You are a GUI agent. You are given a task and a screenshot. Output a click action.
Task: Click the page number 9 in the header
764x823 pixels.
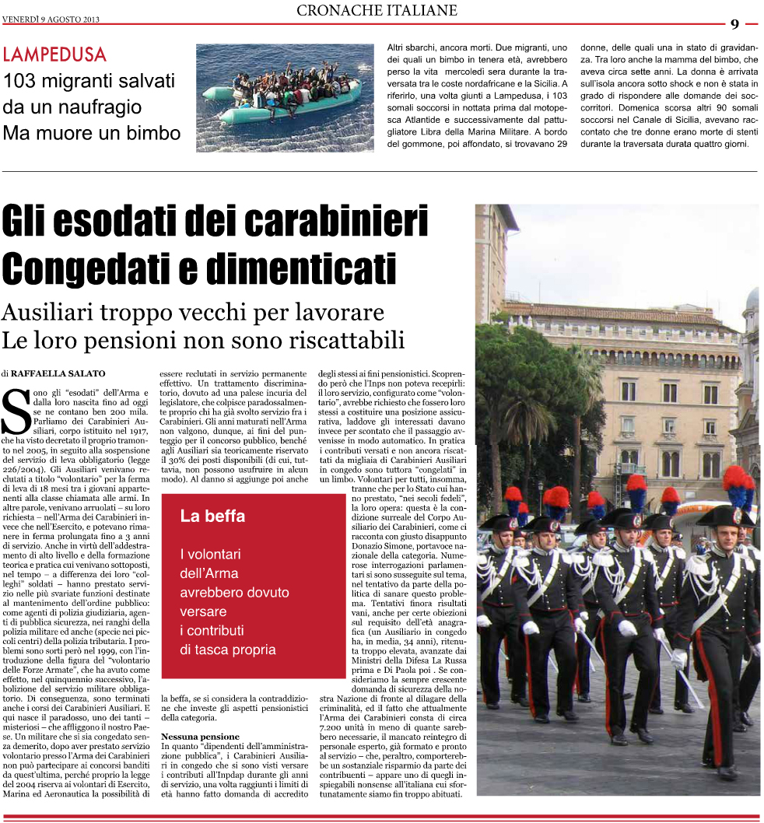[x=734, y=24]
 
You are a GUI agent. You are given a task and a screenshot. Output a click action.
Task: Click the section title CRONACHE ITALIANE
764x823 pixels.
[x=377, y=11]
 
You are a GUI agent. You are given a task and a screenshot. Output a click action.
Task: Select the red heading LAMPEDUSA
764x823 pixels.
[x=54, y=55]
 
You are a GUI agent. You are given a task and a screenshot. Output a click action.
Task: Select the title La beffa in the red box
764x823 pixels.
[x=212, y=516]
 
